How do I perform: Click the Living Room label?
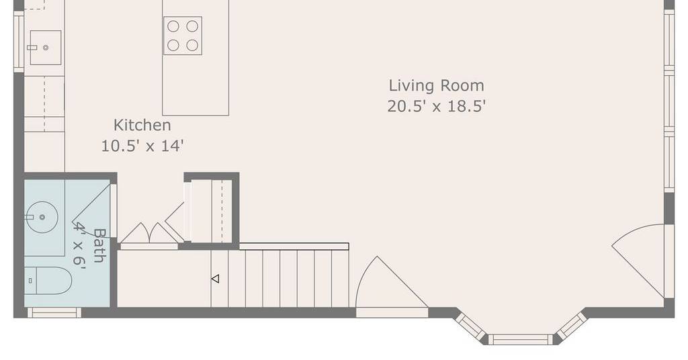tap(437, 85)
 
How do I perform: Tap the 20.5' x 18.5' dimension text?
tap(437, 106)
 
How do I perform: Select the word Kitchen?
tap(142, 125)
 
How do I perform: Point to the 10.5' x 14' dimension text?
tap(142, 146)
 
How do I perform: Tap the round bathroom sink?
tap(42, 217)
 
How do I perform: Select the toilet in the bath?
tap(48, 281)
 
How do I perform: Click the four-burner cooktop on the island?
tap(183, 36)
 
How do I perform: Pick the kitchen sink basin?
tap(44, 48)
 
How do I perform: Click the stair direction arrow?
tap(215, 279)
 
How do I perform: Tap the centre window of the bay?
tap(521, 339)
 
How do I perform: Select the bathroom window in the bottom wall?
tap(54, 312)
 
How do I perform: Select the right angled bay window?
tap(571, 326)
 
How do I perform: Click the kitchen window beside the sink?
tap(19, 42)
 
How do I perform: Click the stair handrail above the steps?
tap(294, 246)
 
